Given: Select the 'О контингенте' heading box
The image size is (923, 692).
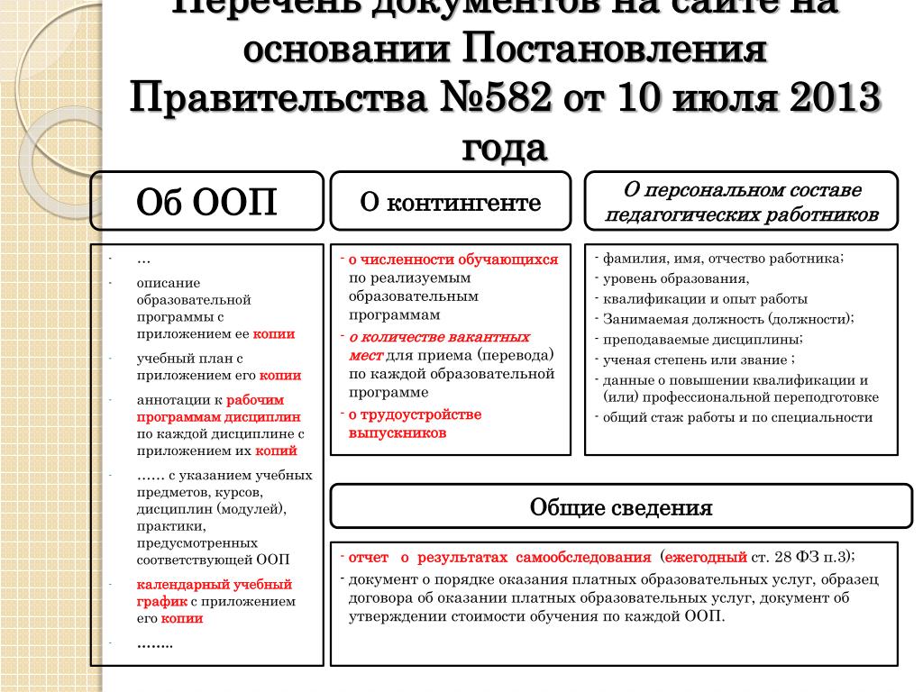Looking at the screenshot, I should click(451, 203).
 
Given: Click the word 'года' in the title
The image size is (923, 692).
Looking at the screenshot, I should click(505, 146).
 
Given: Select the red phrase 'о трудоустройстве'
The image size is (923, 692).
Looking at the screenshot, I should click(416, 414).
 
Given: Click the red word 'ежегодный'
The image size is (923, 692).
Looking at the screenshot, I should click(707, 557).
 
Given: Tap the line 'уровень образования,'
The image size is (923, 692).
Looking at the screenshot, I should click(676, 278).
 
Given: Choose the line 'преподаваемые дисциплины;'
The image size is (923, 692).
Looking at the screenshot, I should click(703, 340).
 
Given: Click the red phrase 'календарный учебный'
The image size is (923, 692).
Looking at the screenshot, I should click(215, 584).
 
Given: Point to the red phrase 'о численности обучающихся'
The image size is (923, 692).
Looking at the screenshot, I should click(453, 259).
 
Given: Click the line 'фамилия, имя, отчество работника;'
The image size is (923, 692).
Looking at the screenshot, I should click(723, 259).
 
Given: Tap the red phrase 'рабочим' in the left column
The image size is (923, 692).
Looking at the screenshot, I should click(255, 399).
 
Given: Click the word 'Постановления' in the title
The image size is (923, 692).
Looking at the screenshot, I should click(616, 49).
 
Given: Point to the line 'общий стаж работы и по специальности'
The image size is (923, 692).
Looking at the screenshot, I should click(737, 417).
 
